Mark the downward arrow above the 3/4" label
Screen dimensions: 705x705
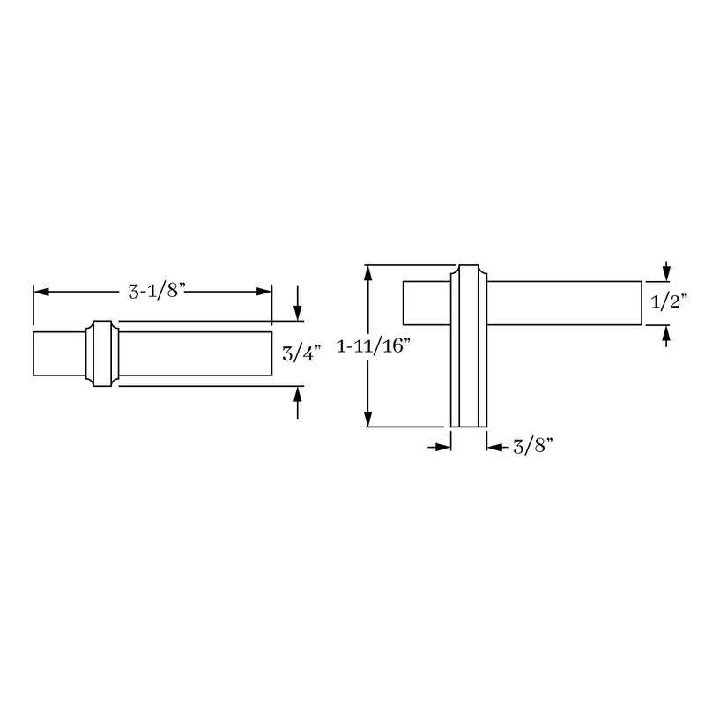point(299,312)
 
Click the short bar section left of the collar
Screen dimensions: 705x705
point(59,353)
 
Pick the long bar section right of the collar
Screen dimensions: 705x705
point(194,353)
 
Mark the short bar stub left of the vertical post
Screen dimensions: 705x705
point(427,302)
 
